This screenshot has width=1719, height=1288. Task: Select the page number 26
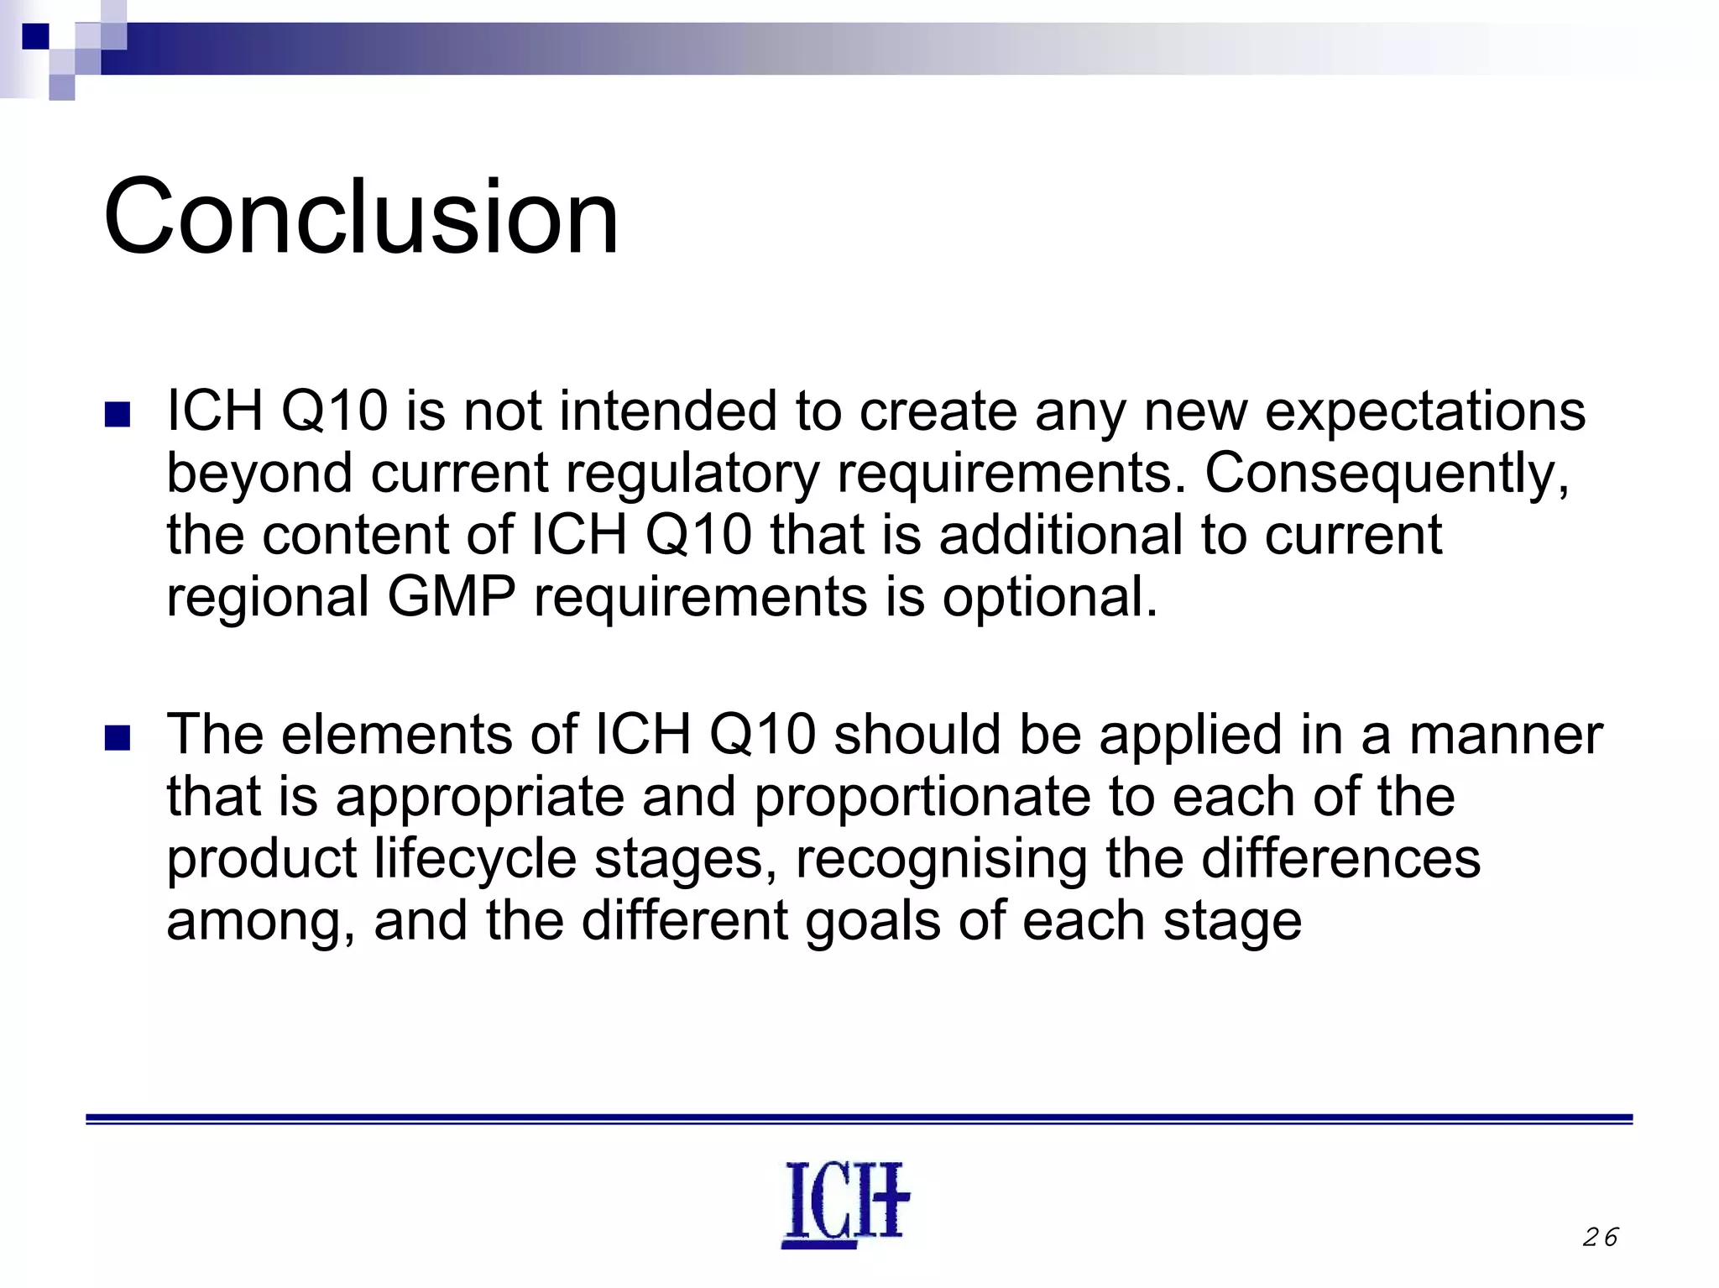(1600, 1237)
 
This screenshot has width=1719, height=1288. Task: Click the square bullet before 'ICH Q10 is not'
(118, 415)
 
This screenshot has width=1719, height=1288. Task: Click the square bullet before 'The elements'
(118, 738)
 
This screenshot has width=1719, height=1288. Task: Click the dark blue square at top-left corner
(34, 35)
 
